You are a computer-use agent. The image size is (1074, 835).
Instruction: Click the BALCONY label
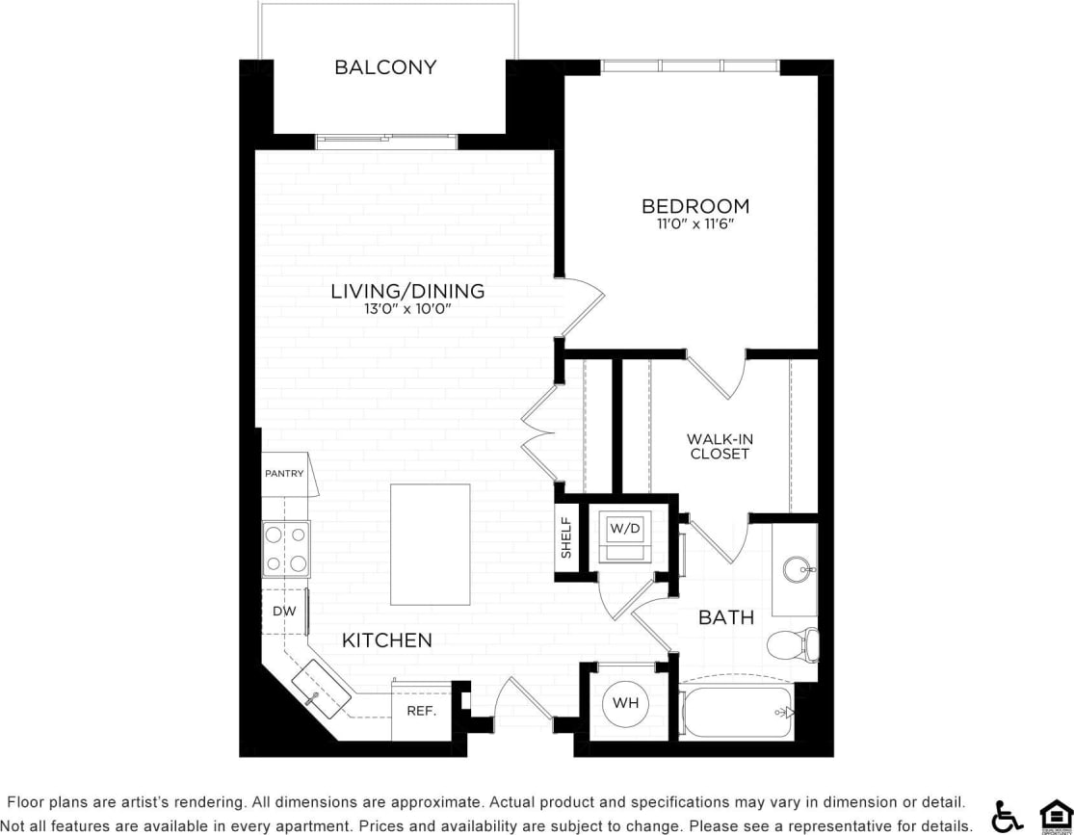click(x=385, y=67)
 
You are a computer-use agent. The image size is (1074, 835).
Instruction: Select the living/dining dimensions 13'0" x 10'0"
click(x=407, y=309)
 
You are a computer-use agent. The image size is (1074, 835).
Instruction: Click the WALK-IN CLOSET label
click(x=720, y=446)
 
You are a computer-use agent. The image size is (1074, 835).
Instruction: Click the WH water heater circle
click(x=625, y=703)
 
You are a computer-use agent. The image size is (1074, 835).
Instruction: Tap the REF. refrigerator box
click(x=422, y=712)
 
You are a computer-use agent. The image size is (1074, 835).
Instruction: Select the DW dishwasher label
click(x=283, y=611)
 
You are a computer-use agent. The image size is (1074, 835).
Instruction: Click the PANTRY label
click(x=284, y=474)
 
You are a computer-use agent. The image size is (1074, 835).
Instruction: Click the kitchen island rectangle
click(x=431, y=544)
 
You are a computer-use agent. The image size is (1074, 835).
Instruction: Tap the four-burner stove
click(x=286, y=549)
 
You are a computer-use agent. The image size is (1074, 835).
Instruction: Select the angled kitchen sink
click(x=321, y=690)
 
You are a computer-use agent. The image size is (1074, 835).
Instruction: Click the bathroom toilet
click(x=796, y=644)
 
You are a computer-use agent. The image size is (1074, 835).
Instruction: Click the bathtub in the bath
click(x=737, y=713)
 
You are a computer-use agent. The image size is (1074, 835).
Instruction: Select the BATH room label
click(x=726, y=617)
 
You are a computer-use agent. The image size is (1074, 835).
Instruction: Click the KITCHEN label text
click(x=387, y=639)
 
